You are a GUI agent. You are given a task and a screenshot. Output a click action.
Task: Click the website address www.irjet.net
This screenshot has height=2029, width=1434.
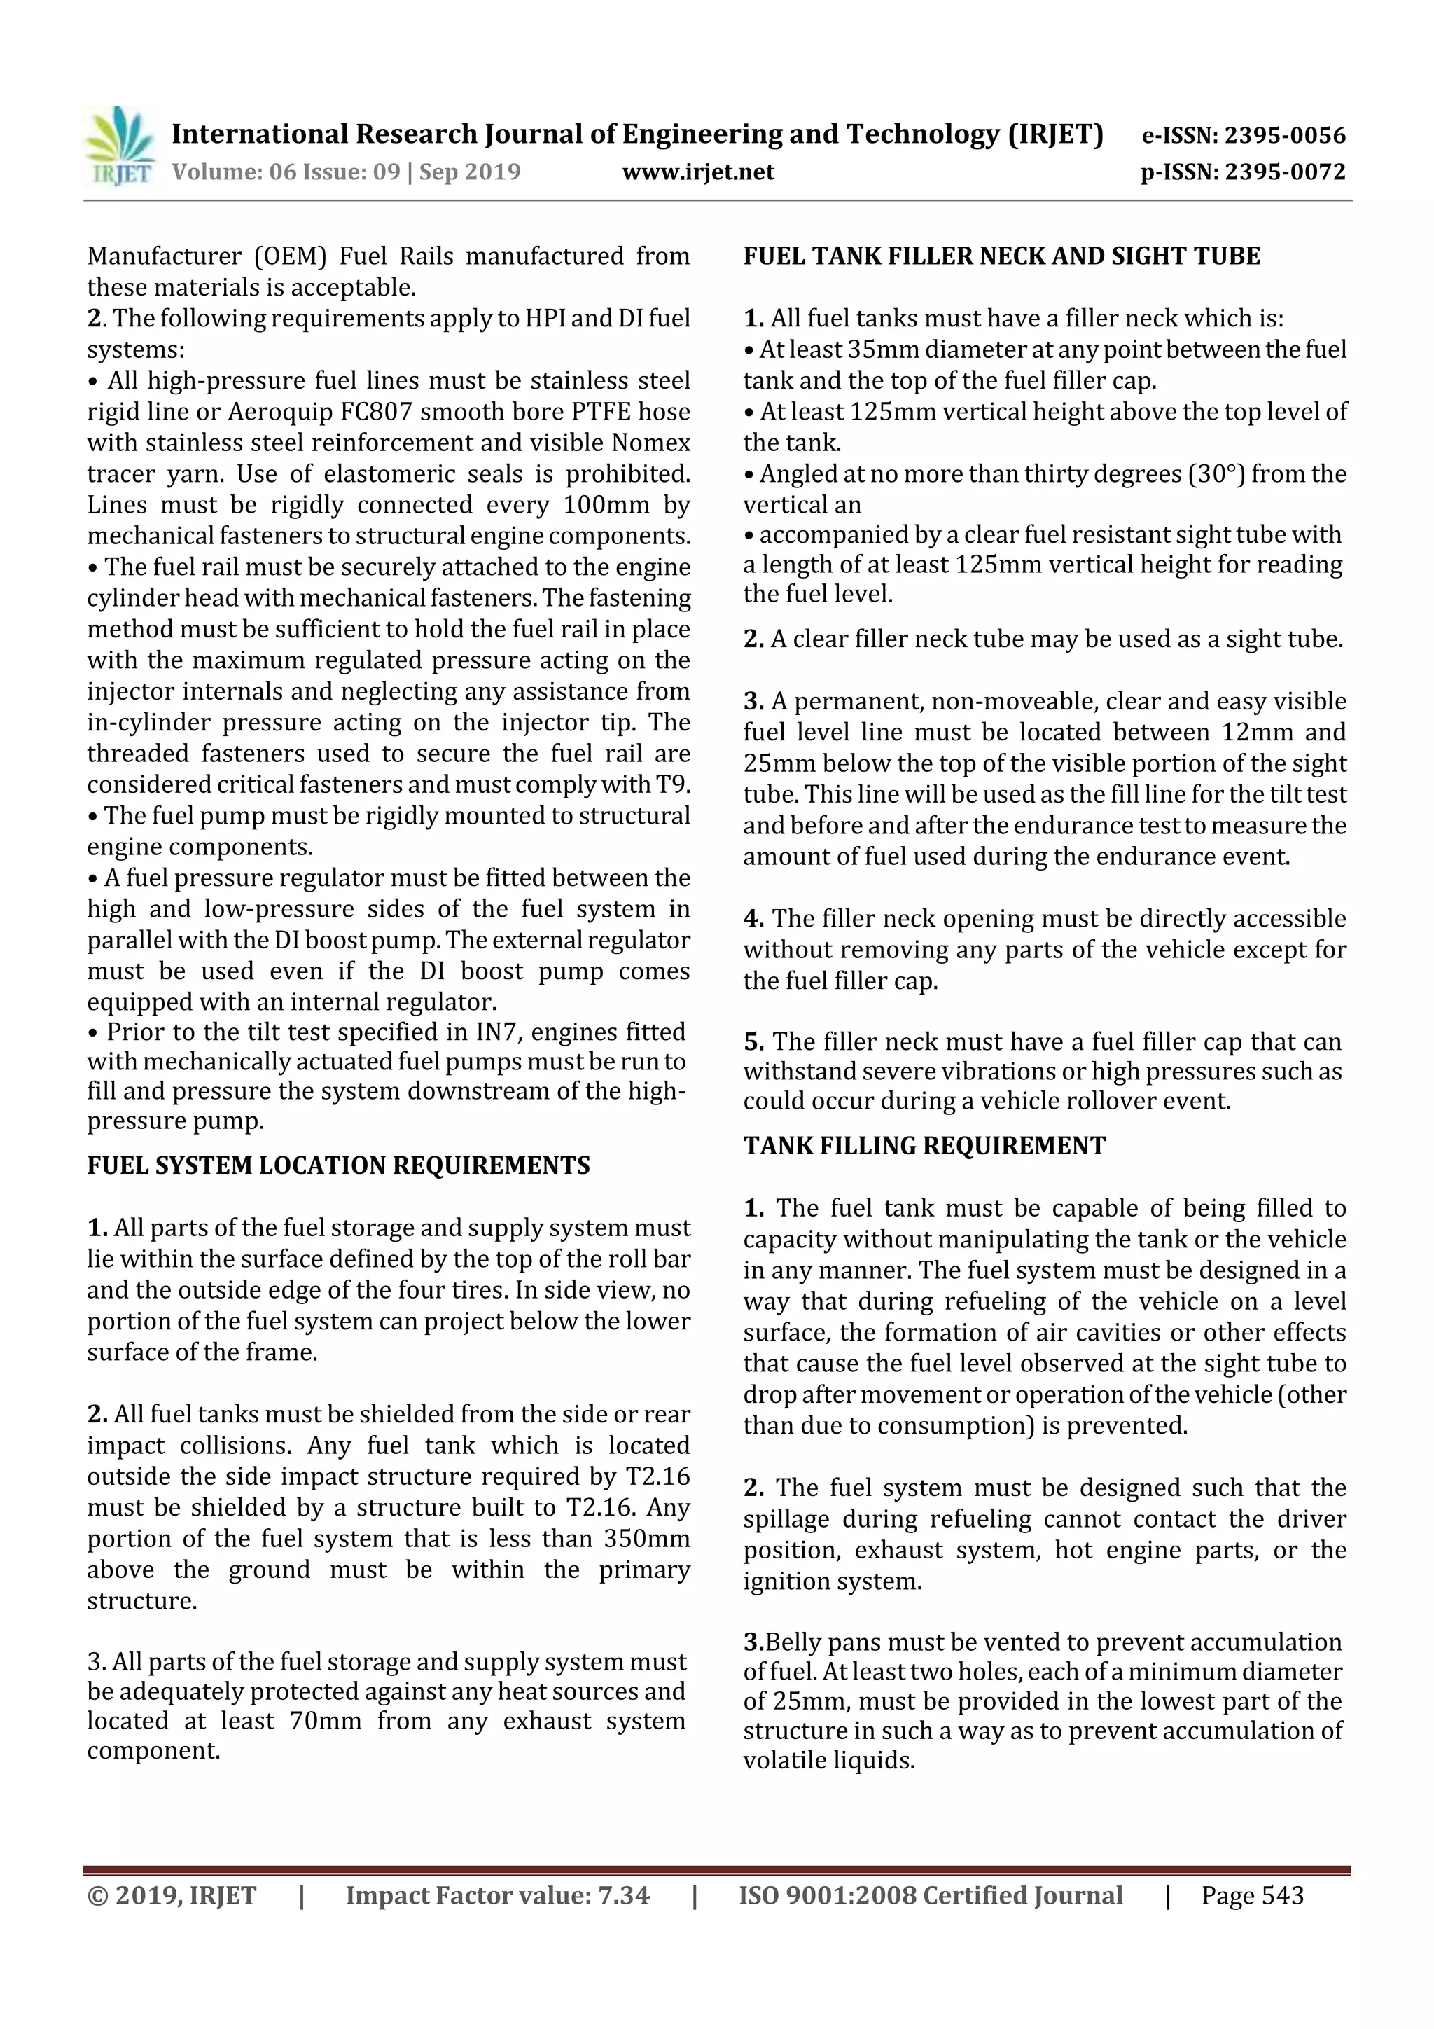click(x=698, y=172)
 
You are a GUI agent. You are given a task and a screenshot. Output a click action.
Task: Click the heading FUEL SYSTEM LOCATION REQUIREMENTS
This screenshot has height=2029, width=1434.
click(x=338, y=1165)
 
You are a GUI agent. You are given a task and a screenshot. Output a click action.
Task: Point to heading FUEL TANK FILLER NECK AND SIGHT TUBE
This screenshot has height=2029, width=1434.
click(x=1001, y=256)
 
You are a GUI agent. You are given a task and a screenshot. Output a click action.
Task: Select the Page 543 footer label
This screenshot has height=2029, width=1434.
click(x=1252, y=1895)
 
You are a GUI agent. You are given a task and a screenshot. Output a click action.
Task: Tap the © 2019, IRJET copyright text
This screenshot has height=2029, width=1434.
click(x=172, y=1895)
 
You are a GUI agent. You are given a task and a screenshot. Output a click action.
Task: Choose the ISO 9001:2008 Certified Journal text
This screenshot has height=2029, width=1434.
click(x=931, y=1895)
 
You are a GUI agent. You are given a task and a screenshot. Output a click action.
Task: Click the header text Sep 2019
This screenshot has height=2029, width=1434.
click(x=469, y=172)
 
